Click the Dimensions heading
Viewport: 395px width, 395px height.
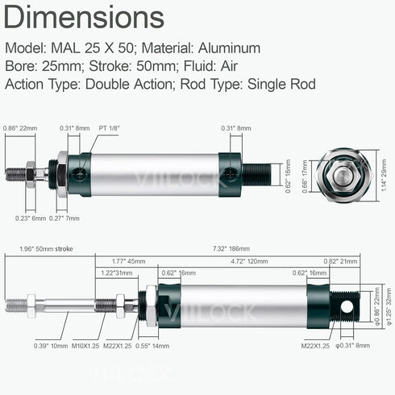point(85,17)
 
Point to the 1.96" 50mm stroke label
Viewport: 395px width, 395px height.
point(45,249)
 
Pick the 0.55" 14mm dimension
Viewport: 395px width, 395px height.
point(154,346)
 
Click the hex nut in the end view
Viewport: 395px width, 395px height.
point(343,175)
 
